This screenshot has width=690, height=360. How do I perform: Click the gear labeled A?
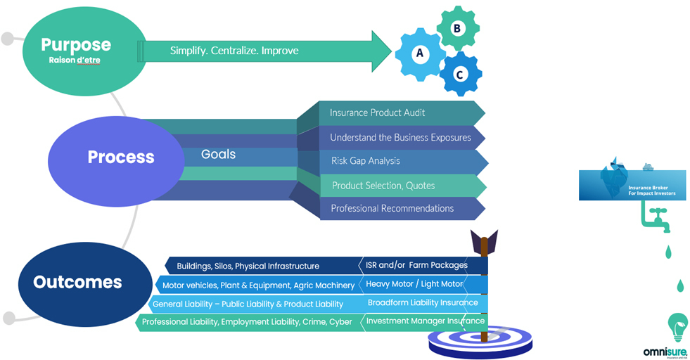point(420,53)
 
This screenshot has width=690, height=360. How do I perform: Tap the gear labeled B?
point(457,28)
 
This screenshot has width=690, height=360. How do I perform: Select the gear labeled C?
point(459,72)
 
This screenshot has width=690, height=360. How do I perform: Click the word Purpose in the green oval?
point(76,44)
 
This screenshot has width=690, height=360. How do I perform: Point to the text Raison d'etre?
point(75,60)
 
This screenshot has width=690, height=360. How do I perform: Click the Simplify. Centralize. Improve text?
point(234,51)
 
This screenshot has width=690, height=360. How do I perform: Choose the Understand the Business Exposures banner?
point(400,137)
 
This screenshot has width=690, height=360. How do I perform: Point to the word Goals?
point(218,154)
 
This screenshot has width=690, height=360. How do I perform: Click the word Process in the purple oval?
point(121,157)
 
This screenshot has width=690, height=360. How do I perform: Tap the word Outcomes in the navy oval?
point(77,283)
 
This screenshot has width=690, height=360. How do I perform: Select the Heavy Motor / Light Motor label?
point(415,284)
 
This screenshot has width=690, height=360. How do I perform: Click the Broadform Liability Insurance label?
point(423,303)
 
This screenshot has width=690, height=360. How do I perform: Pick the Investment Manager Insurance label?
point(425,321)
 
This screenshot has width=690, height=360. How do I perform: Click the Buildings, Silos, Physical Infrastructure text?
point(248,266)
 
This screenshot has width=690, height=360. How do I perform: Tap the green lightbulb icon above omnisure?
point(677,328)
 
